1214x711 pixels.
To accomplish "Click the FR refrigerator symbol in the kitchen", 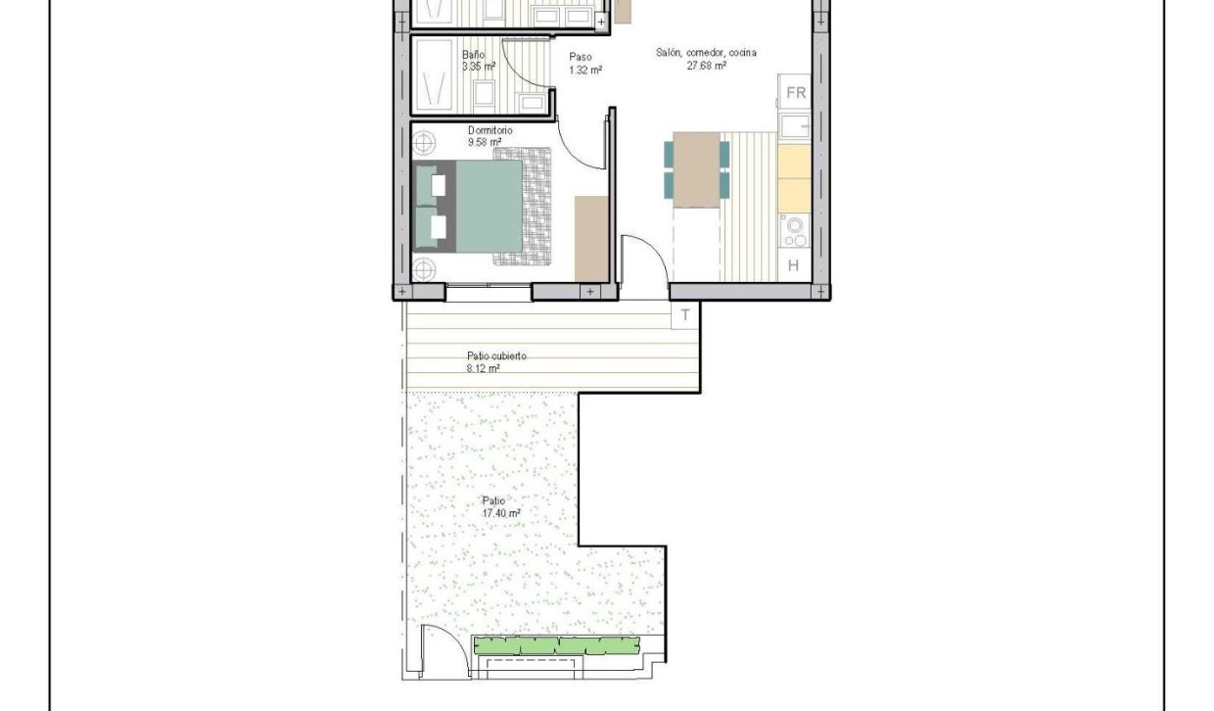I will [x=796, y=93].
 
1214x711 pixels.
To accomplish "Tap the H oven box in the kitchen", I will [x=793, y=264].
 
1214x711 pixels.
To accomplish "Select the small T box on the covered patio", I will [x=685, y=314].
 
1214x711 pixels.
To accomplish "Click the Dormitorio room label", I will [x=490, y=130].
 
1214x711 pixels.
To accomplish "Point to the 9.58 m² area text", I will [x=485, y=142].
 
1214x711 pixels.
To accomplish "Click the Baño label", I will [x=473, y=55].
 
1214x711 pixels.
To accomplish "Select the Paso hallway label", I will [x=580, y=57].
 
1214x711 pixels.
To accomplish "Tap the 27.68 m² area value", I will [x=706, y=66].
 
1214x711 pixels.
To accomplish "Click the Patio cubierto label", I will [x=496, y=356].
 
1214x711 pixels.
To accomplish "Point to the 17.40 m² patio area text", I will [x=500, y=512].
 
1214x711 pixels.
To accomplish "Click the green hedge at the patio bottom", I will [x=555, y=645].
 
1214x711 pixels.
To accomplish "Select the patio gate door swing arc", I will [x=438, y=646].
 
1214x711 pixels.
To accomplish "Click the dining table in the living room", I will [x=697, y=168].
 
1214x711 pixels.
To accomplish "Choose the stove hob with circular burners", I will [x=794, y=232].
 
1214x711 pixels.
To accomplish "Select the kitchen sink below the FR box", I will [x=795, y=125].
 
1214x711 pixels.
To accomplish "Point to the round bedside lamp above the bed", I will [x=424, y=143].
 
